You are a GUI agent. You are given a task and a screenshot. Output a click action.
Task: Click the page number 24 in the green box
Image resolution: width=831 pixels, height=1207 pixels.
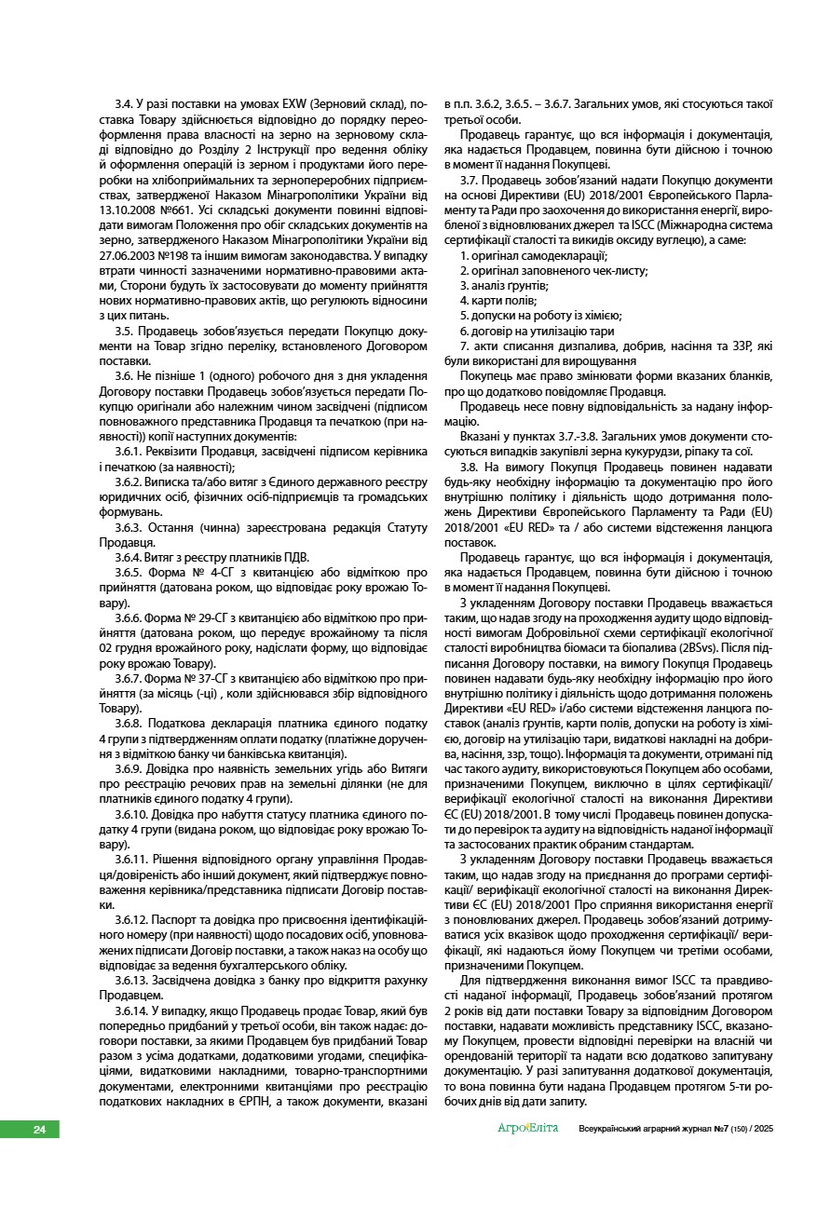(39, 1130)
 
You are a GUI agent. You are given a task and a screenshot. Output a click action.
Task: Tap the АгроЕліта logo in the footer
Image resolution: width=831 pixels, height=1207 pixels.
(527, 1129)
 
